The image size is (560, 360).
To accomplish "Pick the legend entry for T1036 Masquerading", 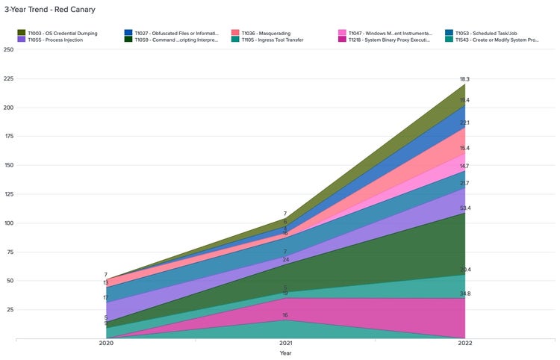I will click(x=266, y=33).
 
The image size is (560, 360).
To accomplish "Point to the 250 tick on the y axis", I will click(x=8, y=50).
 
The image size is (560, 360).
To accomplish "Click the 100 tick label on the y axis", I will click(x=8, y=223).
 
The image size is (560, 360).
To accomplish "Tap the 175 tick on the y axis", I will click(x=8, y=137).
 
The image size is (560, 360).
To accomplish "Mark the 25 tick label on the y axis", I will click(x=10, y=310).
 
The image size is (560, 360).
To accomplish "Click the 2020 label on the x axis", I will click(x=106, y=344).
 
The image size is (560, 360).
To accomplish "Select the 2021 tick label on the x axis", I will click(x=285, y=344).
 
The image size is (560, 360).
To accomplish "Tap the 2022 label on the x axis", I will click(x=464, y=344).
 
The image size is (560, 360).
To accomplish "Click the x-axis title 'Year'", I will click(x=285, y=353).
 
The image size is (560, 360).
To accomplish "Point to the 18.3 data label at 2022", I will click(x=464, y=79).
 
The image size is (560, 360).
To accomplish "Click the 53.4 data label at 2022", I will click(x=464, y=208).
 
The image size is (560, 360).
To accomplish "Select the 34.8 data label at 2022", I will click(x=464, y=294).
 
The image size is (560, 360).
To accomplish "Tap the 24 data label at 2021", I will click(x=285, y=260).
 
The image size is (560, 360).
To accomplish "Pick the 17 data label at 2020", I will click(x=106, y=298).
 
